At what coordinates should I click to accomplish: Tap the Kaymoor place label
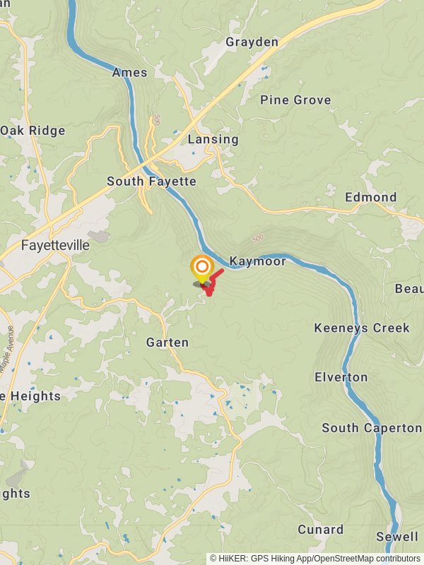258,261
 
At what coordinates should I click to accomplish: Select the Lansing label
213,139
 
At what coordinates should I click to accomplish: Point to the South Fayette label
151,182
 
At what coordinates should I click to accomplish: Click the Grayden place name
252,42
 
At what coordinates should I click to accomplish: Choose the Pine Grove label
295,100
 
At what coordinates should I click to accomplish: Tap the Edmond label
371,197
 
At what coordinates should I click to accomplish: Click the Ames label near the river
129,73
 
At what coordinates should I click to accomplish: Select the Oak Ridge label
33,131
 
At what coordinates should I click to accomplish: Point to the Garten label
167,343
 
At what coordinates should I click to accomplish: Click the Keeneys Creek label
362,328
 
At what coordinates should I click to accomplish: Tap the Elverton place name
341,377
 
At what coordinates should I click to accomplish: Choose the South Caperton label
372,428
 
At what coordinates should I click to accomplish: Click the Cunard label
320,529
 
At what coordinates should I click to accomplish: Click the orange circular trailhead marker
202,267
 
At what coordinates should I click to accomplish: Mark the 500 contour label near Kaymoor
257,239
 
